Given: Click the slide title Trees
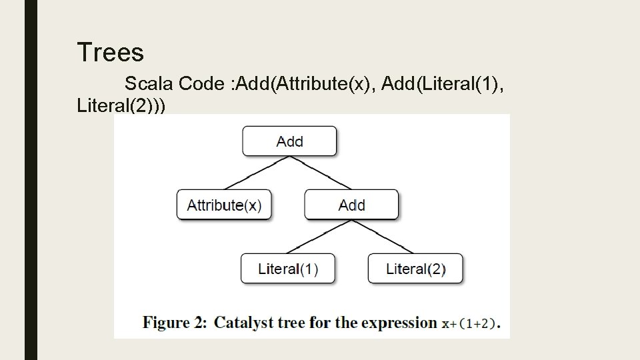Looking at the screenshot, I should coord(110,52).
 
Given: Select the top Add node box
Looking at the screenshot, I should coord(289,141).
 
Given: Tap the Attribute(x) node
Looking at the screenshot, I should coord(224,205).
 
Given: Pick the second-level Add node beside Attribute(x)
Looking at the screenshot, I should coord(351,205).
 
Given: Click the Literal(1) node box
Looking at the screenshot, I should coord(288,269).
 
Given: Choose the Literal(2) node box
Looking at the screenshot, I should coord(415,269).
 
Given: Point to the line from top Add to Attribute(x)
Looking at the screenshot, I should coord(257,173).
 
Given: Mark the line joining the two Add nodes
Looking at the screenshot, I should coord(320,173).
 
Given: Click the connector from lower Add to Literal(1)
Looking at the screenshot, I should coord(320,237).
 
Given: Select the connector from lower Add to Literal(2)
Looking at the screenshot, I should coord(383,237).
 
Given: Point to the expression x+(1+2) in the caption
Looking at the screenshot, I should coord(470,324).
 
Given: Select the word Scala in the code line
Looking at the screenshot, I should coord(149,84).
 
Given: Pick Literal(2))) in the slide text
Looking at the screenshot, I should coord(122,105).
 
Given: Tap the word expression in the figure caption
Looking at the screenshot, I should coord(399,323).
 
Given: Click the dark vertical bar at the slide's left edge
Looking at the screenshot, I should coord(31,180).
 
